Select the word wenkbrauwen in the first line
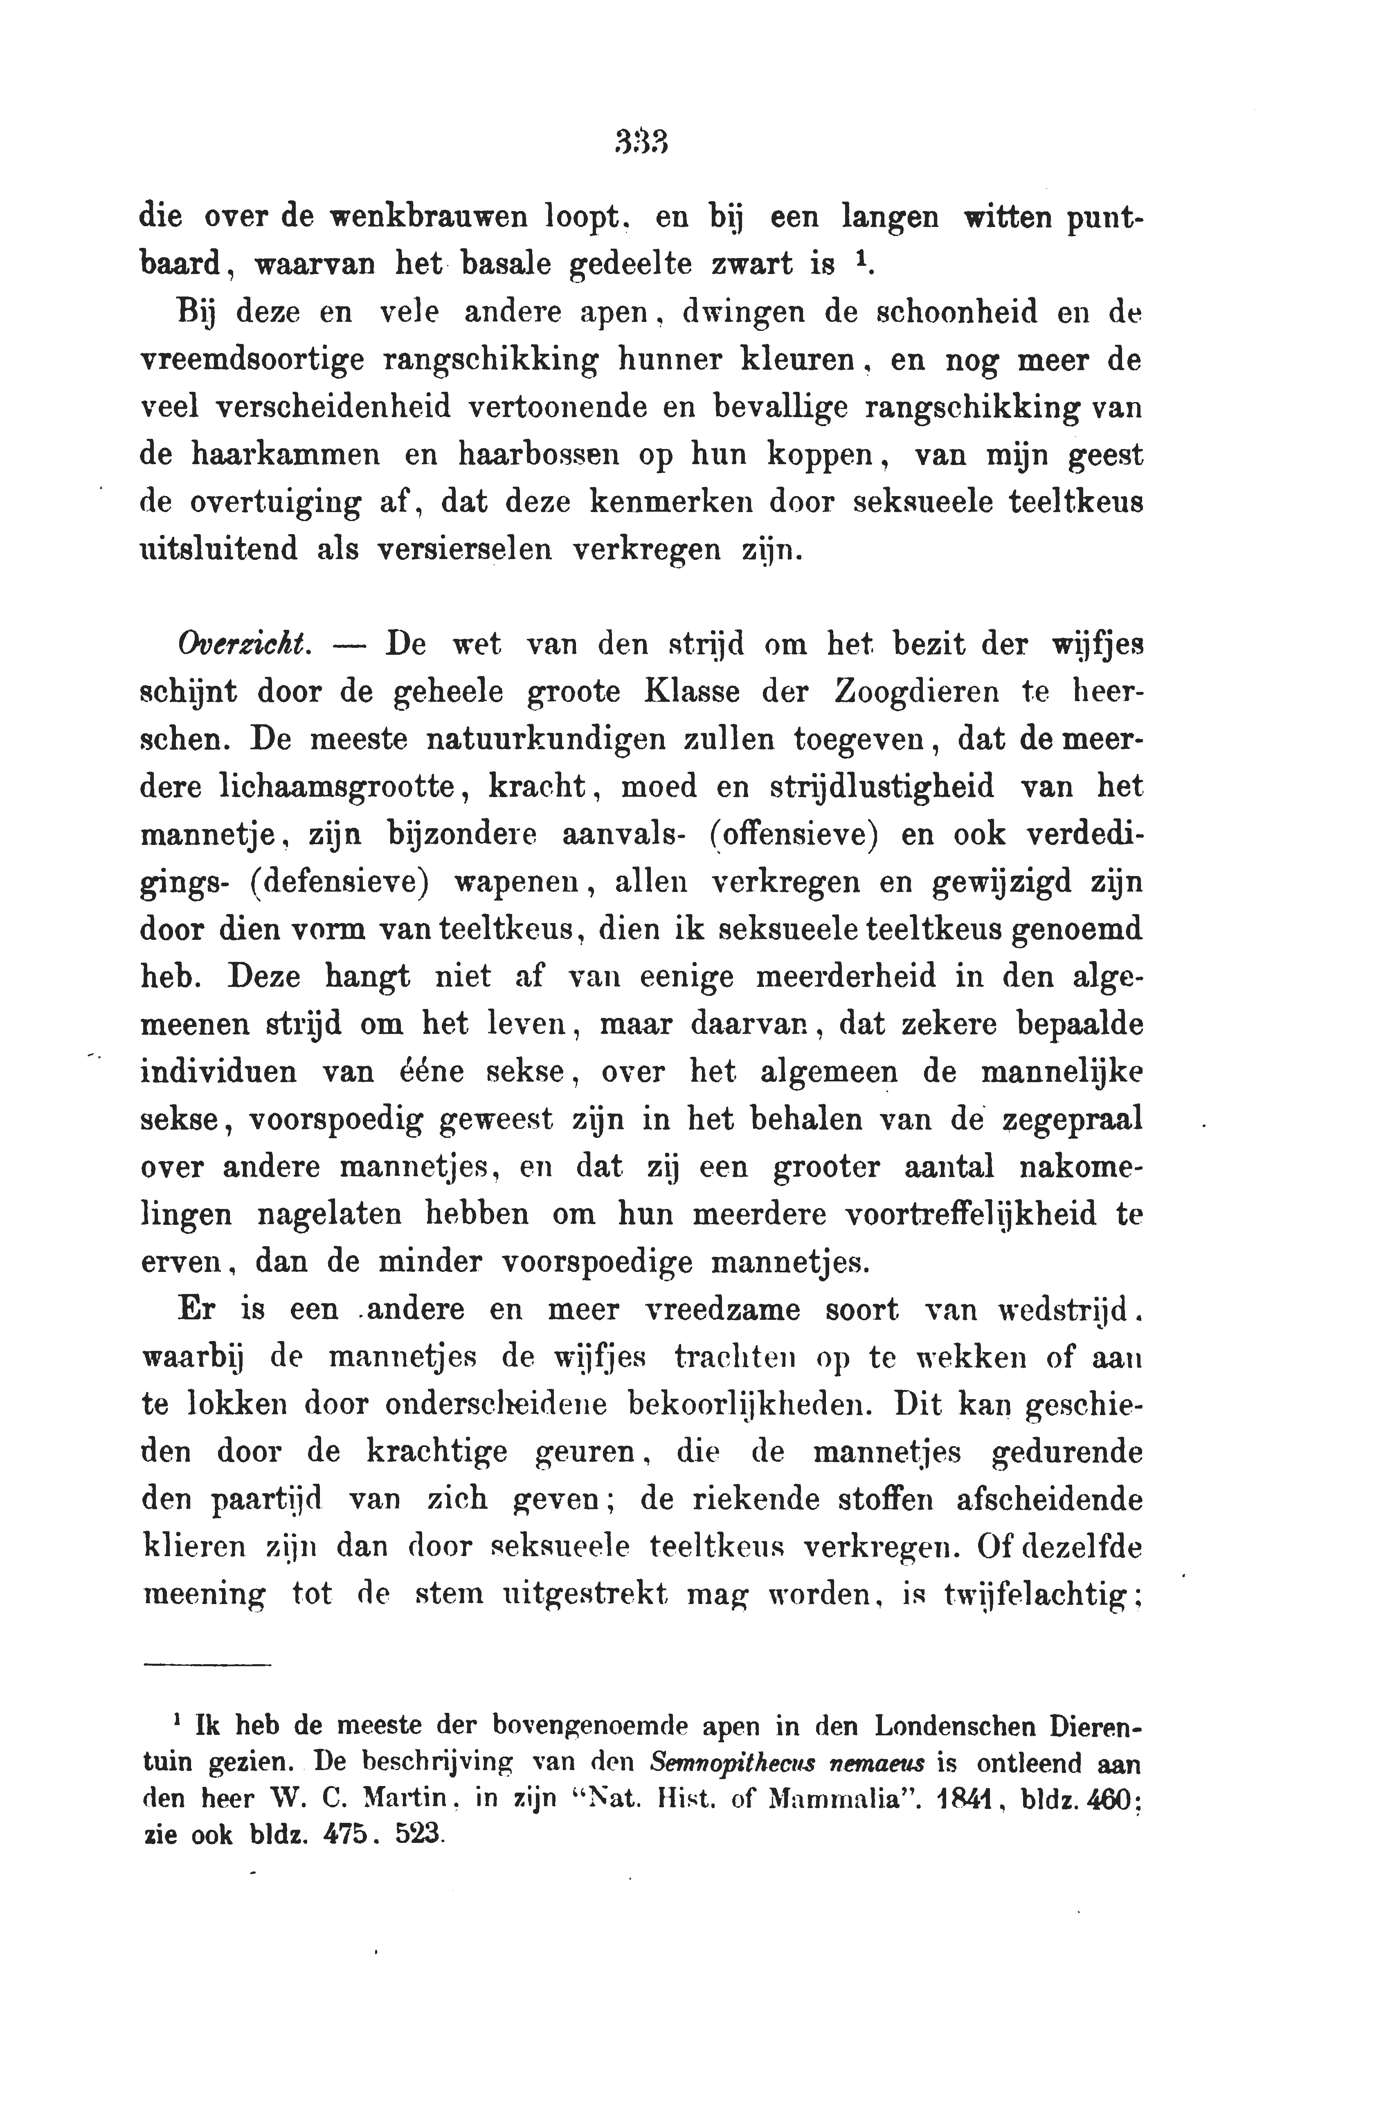[427, 216]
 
